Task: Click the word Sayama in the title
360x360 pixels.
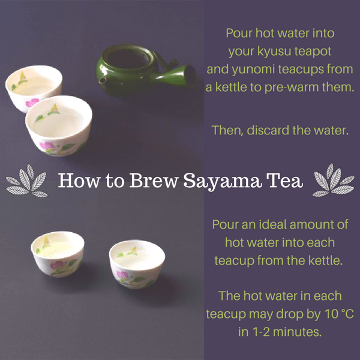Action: click(222, 181)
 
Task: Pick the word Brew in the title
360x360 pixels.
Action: click(154, 181)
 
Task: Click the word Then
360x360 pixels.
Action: click(227, 131)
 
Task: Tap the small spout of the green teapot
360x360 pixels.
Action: click(102, 80)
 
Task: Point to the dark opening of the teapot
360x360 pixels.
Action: click(127, 58)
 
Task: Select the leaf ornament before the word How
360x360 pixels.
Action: click(26, 181)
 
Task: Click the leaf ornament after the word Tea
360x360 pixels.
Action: click(334, 181)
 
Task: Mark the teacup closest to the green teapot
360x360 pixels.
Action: click(59, 126)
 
